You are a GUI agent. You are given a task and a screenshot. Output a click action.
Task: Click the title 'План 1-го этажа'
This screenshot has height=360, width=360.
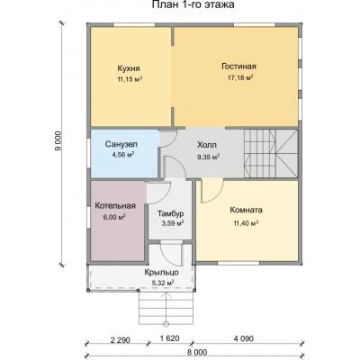click(193, 5)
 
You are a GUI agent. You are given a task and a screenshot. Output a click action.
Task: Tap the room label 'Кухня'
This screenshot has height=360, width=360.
click(129, 68)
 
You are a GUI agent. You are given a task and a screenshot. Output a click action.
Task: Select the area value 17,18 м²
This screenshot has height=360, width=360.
click(239, 78)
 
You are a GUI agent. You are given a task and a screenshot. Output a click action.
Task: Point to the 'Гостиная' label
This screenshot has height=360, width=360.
click(238, 67)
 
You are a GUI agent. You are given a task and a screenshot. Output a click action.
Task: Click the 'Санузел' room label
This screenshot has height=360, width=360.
click(121, 144)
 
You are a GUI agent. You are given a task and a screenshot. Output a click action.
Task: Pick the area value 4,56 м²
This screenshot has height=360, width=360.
click(122, 155)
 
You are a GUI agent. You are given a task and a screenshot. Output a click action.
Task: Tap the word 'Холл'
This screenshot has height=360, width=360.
click(207, 145)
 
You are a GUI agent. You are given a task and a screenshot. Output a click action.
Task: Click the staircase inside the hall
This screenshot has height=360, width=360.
click(271, 153)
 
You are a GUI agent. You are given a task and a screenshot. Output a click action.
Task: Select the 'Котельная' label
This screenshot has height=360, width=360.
click(115, 206)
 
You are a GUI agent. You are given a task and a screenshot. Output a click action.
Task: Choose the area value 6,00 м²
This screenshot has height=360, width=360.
click(114, 217)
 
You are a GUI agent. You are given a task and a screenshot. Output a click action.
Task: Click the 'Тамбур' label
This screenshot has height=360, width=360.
click(171, 214)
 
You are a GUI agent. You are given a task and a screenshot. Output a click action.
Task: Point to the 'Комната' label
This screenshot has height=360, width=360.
click(246, 210)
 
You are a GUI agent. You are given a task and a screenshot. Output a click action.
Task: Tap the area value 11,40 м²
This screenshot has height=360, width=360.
click(246, 223)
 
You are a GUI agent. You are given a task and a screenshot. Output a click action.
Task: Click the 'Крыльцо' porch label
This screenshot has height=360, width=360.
click(162, 273)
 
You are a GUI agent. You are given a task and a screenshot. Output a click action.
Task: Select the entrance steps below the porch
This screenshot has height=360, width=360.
click(166, 308)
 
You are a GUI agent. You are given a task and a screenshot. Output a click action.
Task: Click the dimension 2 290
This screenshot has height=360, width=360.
click(121, 340)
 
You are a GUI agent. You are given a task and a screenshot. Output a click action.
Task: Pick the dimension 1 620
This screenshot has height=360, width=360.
click(170, 338)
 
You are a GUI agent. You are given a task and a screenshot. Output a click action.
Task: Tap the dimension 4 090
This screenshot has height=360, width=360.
click(244, 338)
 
